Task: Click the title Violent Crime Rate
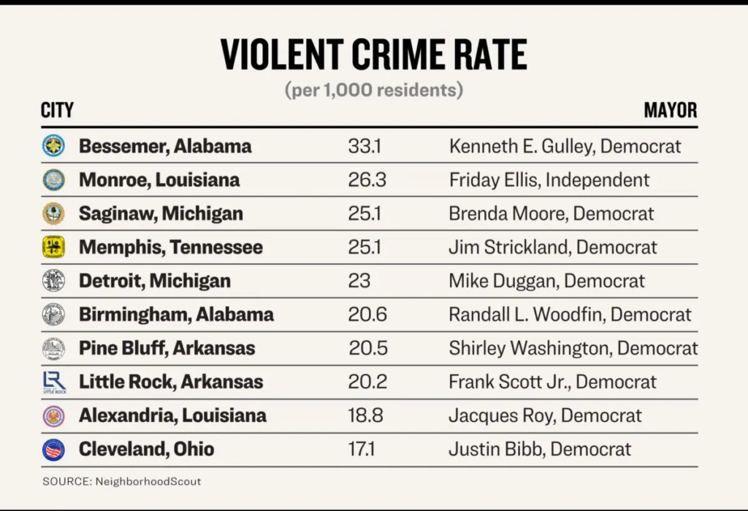point(373,55)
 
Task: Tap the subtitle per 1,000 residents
point(373,91)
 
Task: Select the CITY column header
point(58,111)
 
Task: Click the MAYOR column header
point(670,111)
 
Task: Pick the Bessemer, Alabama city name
point(165,146)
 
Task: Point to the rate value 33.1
point(365,146)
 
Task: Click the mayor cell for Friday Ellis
point(549,180)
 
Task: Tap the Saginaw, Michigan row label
point(161,214)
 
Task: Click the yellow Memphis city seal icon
point(53,247)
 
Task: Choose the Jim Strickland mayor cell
point(552,247)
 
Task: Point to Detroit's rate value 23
point(359,281)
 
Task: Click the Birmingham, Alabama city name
point(176,315)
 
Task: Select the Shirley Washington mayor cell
point(573,348)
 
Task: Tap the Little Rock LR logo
point(54,382)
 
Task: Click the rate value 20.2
point(367,382)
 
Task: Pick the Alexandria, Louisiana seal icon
point(53,416)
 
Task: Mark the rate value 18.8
point(367,416)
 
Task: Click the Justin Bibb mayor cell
point(540,450)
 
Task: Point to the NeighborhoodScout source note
point(121,482)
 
